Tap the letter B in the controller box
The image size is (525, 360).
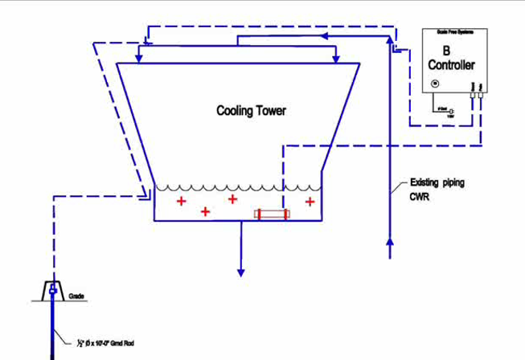[457, 51]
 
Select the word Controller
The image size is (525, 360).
[456, 64]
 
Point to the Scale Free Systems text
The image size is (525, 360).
[457, 35]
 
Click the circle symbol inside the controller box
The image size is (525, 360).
[435, 83]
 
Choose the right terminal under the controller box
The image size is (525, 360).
[480, 96]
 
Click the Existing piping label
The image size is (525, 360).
[437, 182]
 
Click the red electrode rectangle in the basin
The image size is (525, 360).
[271, 214]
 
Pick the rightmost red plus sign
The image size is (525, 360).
[310, 201]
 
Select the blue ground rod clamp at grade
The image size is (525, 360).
[52, 288]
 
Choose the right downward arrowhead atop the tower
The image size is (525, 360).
[336, 59]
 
